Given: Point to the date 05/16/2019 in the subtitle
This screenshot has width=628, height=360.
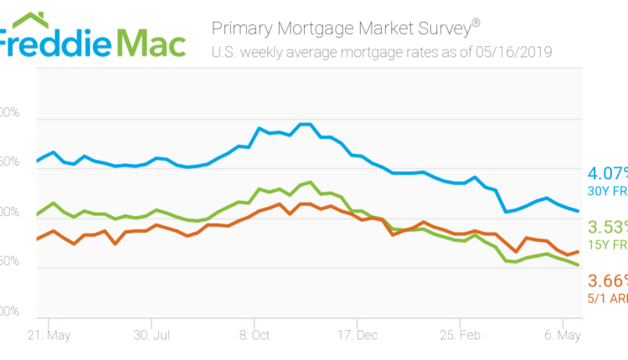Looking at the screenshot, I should pyautogui.click(x=512, y=52).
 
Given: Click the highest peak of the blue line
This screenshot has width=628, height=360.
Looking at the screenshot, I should pyautogui.click(x=306, y=125).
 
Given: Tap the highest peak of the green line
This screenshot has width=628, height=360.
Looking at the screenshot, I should pyautogui.click(x=311, y=182).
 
